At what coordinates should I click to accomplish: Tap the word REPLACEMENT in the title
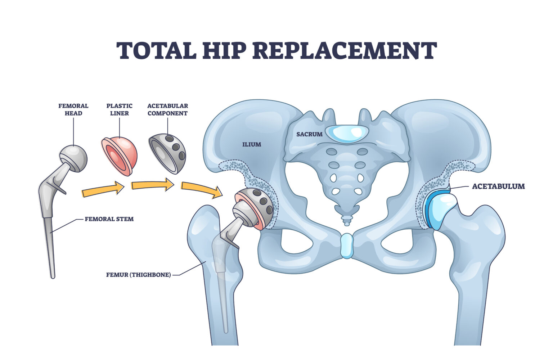click(x=344, y=51)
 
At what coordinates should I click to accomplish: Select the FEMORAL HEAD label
click(x=73, y=109)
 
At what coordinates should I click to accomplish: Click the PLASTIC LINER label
click(x=119, y=109)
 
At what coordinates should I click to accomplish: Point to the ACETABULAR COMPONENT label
click(x=167, y=109)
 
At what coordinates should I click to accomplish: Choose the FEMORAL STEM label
click(x=109, y=219)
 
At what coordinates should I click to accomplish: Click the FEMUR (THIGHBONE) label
click(x=139, y=275)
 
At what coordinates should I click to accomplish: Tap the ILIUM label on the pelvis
click(x=252, y=144)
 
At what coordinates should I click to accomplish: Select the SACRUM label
click(x=309, y=134)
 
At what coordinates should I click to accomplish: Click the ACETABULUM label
click(x=498, y=186)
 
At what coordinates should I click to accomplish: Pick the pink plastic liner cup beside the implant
click(x=120, y=156)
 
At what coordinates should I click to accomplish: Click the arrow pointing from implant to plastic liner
click(x=103, y=190)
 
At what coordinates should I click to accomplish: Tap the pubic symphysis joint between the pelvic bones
click(x=347, y=246)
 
